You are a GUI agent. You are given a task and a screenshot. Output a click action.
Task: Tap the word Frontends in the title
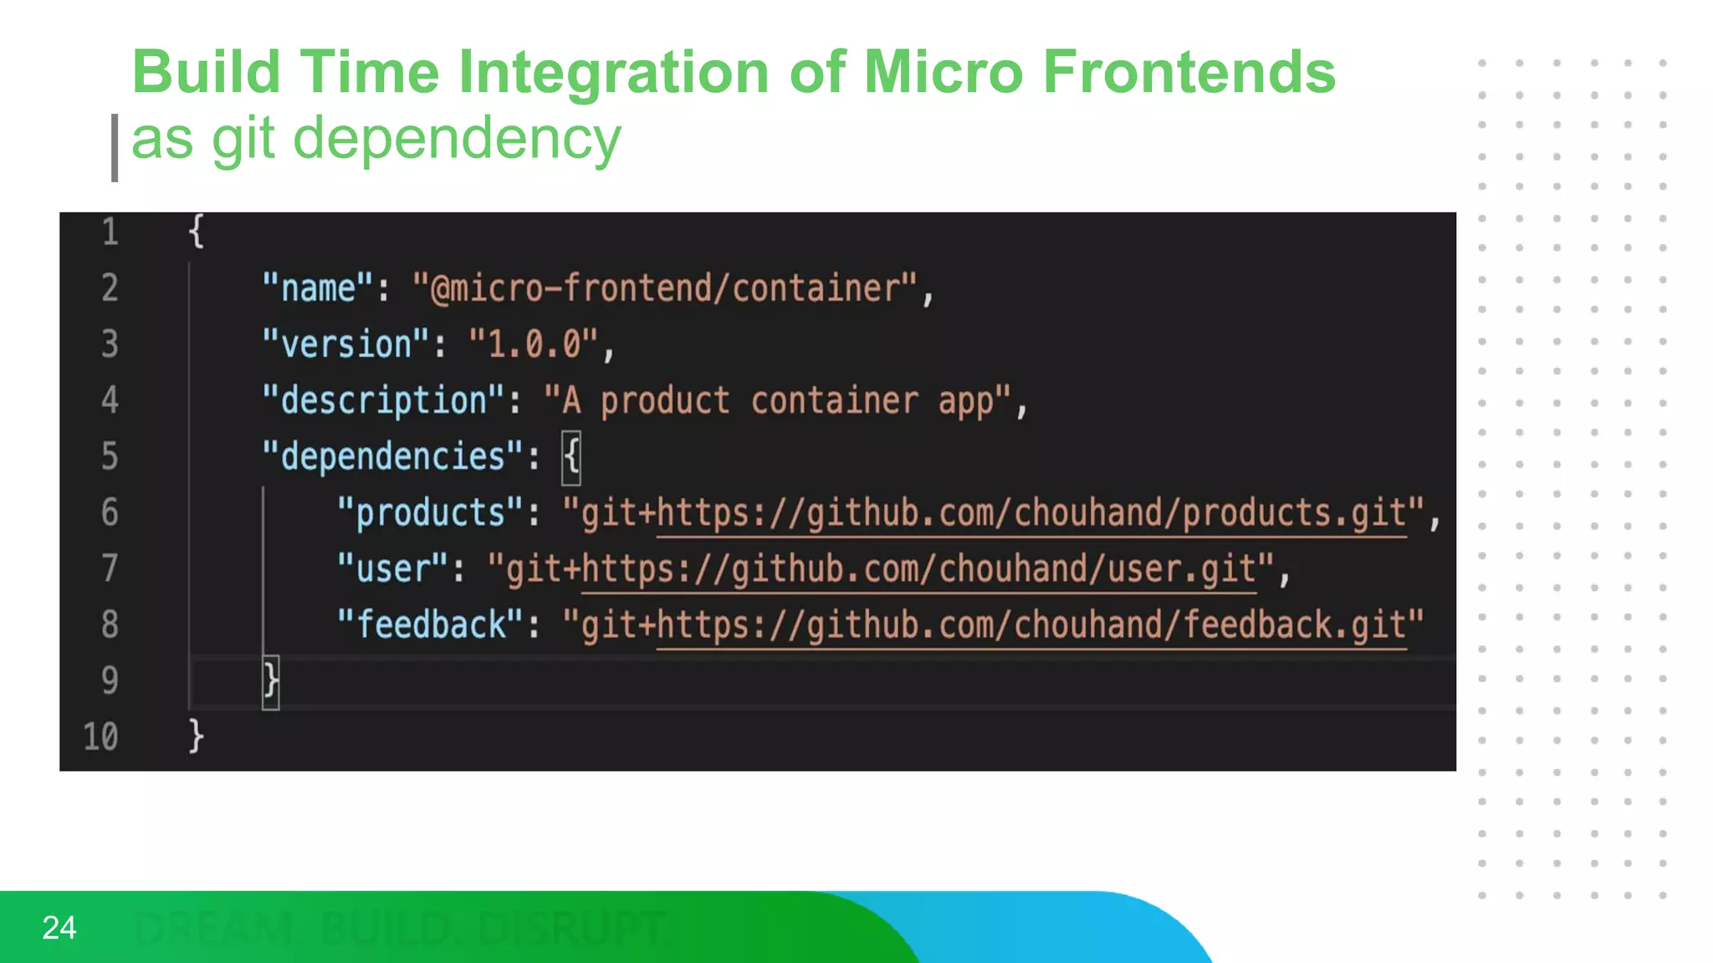[1188, 73]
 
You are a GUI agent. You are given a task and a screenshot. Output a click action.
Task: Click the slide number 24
[59, 928]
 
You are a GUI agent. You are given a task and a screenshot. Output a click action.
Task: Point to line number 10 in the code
[100, 736]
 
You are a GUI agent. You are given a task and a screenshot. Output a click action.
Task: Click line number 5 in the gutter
[110, 456]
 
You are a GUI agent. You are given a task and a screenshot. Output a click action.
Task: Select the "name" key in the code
[317, 288]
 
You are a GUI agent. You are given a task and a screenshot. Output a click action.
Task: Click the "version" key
[345, 344]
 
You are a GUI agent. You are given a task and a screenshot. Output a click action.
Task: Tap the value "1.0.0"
[534, 344]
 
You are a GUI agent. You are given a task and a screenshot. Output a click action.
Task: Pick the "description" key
[383, 400]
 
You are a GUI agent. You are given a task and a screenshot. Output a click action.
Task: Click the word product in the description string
[665, 401]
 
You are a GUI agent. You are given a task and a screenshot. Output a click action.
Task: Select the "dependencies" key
[392, 456]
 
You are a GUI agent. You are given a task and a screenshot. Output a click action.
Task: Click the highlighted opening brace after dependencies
[571, 457]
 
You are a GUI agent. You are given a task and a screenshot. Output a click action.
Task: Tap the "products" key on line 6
[430, 512]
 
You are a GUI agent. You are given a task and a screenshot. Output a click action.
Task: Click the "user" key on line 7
[392, 568]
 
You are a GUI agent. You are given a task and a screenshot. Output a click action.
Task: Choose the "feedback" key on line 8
[430, 624]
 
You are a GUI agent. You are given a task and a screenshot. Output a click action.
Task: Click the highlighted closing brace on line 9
[270, 681]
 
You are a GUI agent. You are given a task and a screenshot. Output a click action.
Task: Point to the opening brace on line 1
[196, 232]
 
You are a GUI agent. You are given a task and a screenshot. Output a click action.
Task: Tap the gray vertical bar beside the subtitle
[115, 147]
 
